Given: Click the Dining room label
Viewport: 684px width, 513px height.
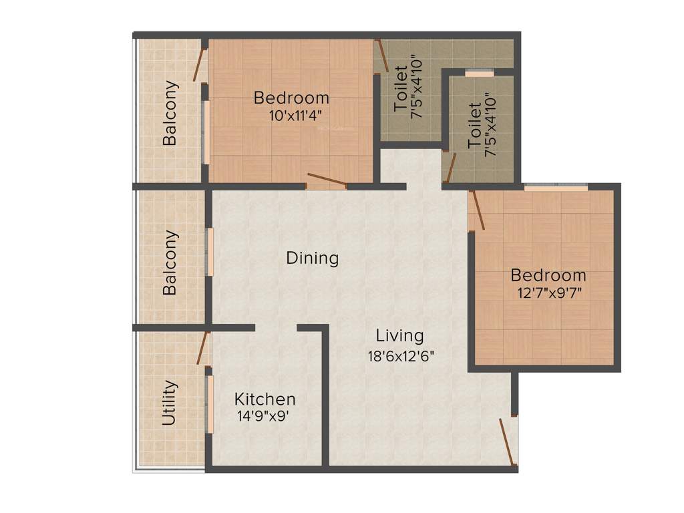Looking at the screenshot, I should pyautogui.click(x=313, y=258).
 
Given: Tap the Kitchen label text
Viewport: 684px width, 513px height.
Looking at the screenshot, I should pyautogui.click(x=265, y=399).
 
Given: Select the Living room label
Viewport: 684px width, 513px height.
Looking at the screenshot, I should pyautogui.click(x=399, y=335).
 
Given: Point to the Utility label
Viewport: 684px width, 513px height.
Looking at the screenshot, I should pyautogui.click(x=170, y=403).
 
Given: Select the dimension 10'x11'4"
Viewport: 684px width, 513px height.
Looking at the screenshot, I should pyautogui.click(x=291, y=114).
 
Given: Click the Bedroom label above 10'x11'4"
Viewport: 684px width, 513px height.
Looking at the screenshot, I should pyautogui.click(x=291, y=98).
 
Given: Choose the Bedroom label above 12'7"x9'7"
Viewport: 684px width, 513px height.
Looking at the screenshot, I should pyautogui.click(x=548, y=275).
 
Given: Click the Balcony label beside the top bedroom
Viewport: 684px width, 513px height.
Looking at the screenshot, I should pyautogui.click(x=170, y=113).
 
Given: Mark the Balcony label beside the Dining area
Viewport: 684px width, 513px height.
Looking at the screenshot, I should pyautogui.click(x=170, y=263).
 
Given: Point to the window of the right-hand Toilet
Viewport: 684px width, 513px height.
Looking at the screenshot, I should pyautogui.click(x=479, y=73).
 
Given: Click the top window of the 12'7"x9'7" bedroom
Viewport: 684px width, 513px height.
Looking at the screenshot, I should pyautogui.click(x=556, y=188).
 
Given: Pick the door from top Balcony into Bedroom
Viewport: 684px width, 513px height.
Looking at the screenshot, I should pyautogui.click(x=199, y=61).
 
